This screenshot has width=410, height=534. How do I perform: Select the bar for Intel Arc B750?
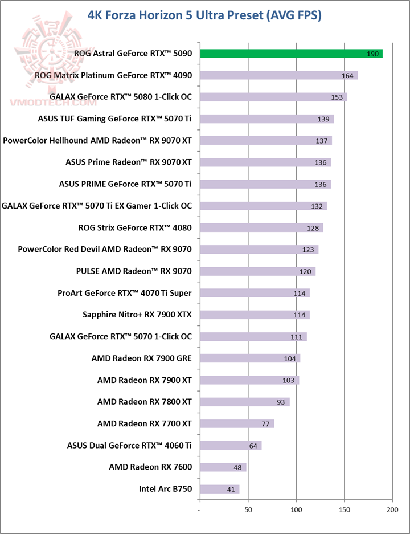(220, 489)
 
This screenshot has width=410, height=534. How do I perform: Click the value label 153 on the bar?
(337, 97)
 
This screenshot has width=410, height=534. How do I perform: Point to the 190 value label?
(373, 54)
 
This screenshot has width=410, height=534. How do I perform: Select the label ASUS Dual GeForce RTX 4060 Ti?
(129, 445)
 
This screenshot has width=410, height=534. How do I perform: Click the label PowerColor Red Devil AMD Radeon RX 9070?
(105, 249)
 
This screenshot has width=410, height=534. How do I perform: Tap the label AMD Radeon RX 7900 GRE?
(141, 358)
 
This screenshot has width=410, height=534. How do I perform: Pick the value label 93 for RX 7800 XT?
(281, 402)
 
